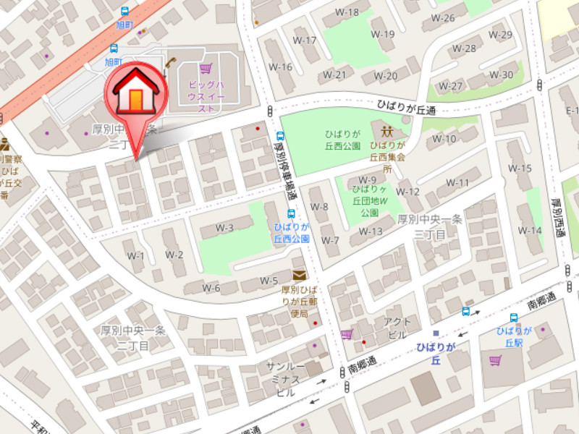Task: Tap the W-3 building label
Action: [224, 229]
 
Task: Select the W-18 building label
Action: [349, 12]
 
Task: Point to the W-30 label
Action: [501, 75]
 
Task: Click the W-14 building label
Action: [530, 230]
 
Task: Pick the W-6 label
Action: [211, 288]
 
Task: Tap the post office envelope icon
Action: [299, 276]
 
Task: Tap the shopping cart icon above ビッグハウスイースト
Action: [206, 69]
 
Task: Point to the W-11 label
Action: [457, 182]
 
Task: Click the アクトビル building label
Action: [397, 328]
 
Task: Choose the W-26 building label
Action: [443, 18]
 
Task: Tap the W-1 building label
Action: [136, 255]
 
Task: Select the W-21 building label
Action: [334, 75]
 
